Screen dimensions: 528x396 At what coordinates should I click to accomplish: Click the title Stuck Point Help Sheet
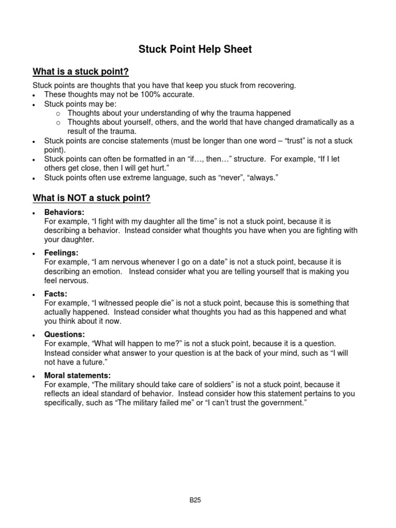tap(195, 49)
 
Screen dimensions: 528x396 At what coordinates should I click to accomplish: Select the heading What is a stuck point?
tap(80, 71)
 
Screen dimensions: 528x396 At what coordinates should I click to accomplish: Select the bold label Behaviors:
tap(64, 212)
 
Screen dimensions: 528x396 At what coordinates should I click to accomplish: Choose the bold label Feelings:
tap(61, 253)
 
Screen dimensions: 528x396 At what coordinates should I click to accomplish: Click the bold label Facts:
tap(56, 294)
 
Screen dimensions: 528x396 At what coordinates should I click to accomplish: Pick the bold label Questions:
tap(64, 334)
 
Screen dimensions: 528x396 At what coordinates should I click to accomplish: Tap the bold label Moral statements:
tap(77, 375)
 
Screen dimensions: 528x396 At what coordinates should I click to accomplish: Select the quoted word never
tap(237, 178)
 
